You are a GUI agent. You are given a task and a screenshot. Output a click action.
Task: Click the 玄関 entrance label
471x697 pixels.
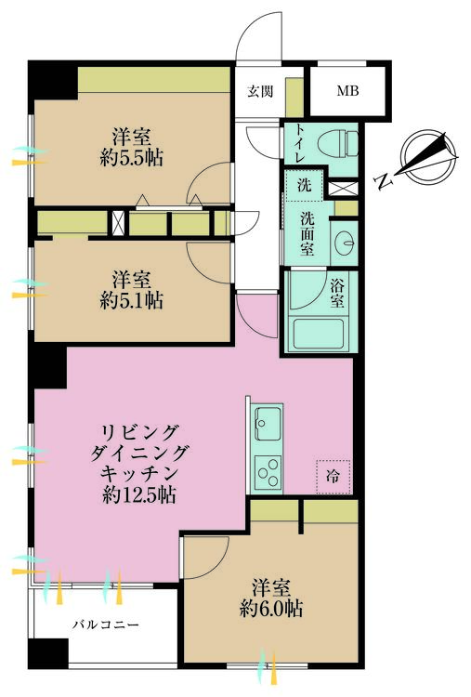coord(259,91)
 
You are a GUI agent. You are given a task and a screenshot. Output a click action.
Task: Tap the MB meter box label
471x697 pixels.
coord(346,91)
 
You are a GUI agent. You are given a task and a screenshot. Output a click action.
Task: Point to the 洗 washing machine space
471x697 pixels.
coord(304,185)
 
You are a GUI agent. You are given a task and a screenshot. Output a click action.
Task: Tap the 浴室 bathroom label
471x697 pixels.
coord(338,294)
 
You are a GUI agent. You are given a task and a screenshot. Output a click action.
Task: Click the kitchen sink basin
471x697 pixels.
coord(264,426)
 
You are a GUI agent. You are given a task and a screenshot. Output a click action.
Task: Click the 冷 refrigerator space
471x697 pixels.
coord(332,475)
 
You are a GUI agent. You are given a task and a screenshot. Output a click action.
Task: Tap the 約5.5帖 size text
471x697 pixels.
coord(131,157)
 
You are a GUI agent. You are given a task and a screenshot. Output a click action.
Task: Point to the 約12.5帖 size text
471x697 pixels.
coord(140,494)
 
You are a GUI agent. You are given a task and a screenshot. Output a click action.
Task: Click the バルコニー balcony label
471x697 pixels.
coord(106,625)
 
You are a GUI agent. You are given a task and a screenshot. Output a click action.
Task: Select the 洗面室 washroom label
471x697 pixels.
coord(307,234)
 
